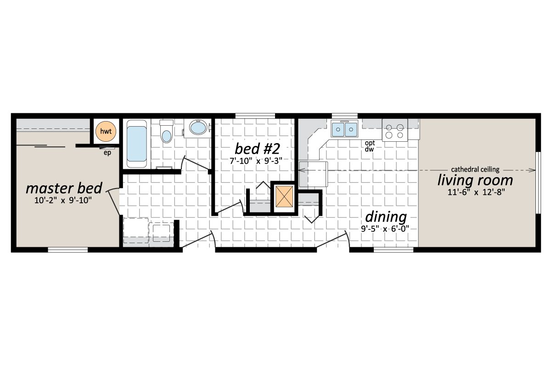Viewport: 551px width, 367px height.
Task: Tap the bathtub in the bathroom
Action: click(136, 143)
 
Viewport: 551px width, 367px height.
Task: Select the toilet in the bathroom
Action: click(166, 133)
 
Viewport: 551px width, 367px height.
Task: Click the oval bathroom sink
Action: click(198, 128)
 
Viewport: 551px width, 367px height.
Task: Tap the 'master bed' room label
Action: click(63, 189)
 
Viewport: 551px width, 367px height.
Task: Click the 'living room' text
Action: click(475, 180)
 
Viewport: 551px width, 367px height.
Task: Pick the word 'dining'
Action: click(386, 217)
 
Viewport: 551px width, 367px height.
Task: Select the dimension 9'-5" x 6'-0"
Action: click(385, 228)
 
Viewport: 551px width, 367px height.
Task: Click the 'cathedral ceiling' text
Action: click(475, 169)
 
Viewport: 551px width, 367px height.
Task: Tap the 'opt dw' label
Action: click(369, 146)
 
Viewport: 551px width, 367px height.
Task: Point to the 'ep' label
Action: click(108, 153)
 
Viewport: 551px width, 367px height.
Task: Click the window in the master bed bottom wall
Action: click(68, 250)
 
